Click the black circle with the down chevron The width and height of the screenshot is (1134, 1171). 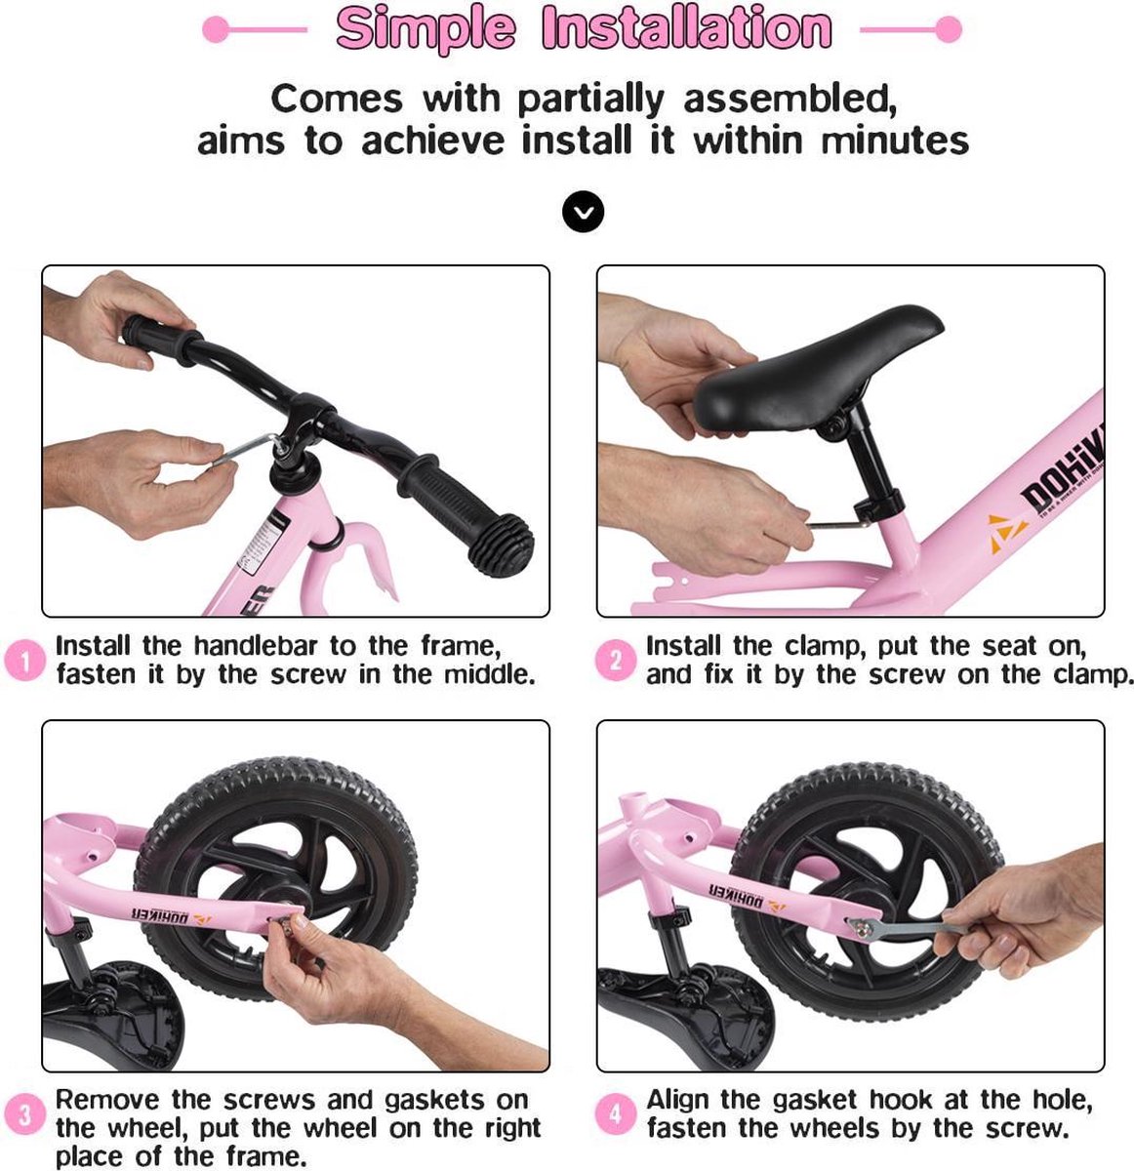583,211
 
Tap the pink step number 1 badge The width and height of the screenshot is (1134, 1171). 24,661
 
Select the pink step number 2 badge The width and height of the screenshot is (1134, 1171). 615,661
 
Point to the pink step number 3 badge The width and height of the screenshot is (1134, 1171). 24,1114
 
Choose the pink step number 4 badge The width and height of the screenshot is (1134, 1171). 615,1114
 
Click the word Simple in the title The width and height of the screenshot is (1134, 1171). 425,29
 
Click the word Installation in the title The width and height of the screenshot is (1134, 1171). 687,27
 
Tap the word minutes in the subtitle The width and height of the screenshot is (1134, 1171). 895,141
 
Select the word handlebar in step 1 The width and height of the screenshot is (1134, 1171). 255,646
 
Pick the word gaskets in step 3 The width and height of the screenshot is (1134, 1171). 433,1100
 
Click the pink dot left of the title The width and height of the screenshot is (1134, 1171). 216,29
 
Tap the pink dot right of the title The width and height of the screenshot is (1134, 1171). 949,29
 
